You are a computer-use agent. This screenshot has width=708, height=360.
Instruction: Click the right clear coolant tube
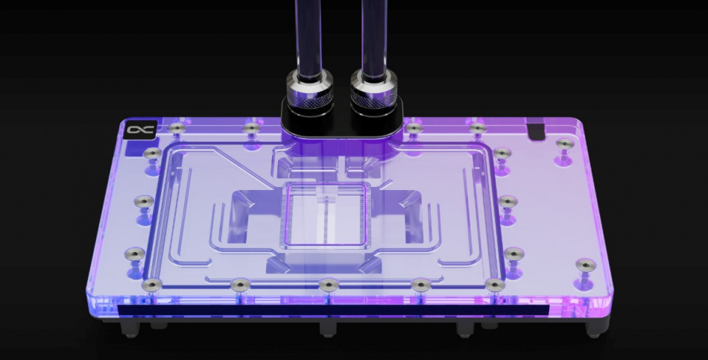373,34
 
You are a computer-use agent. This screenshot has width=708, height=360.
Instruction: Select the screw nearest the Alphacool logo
176,128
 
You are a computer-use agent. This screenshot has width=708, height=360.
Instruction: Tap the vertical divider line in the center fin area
326,216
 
